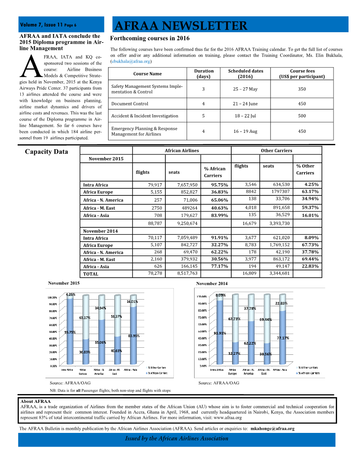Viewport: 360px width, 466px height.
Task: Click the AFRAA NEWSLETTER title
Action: pyautogui.click(x=180, y=26)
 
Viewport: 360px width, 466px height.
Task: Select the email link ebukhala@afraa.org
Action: pyautogui.click(x=131, y=61)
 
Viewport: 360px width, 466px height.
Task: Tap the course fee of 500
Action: pyautogui.click(x=302, y=116)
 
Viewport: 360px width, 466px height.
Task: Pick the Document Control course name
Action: pyautogui.click(x=130, y=104)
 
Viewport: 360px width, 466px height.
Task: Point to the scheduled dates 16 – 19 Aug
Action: pyautogui.click(x=245, y=131)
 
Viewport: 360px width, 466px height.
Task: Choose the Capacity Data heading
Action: pyautogui.click(x=46, y=152)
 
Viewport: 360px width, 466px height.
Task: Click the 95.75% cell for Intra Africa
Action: pyautogui.click(x=219, y=185)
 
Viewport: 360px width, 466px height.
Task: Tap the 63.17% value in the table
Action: pyautogui.click(x=310, y=192)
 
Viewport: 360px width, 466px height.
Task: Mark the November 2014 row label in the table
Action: pyautogui.click(x=101, y=231)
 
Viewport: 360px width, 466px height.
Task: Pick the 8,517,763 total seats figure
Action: pyautogui.click(x=187, y=274)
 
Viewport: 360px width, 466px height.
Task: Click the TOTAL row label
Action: pyautogui.click(x=91, y=274)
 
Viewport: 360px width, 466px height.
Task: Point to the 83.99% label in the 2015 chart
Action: pyautogui.click(x=134, y=336)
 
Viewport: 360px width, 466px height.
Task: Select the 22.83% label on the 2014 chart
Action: pyautogui.click(x=281, y=303)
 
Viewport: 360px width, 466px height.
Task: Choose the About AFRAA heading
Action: pyautogui.click(x=36, y=402)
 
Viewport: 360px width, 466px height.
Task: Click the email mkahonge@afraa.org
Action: pyautogui.click(x=272, y=428)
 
